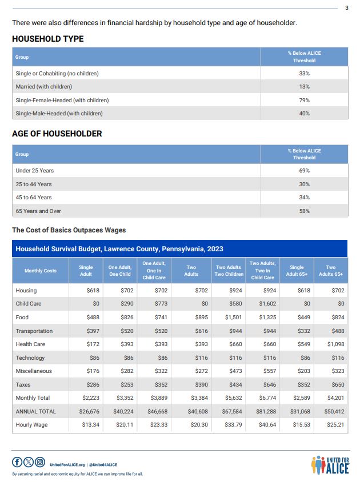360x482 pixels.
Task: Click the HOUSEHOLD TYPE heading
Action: coord(47,39)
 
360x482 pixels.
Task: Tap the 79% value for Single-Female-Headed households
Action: coord(304,100)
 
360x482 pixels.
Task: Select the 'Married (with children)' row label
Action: coord(44,87)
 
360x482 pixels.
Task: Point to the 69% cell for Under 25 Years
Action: coord(304,171)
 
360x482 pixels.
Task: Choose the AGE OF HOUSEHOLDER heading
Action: coord(57,134)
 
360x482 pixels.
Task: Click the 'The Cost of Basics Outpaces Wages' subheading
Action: coord(69,230)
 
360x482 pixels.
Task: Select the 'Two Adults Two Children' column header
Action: coord(228,271)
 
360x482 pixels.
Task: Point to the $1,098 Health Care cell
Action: coord(332,344)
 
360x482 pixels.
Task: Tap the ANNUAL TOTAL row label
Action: coord(37,411)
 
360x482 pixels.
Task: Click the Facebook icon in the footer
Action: coord(17,462)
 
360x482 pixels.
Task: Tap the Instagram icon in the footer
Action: coord(40,462)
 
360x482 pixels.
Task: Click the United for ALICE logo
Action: coord(329,464)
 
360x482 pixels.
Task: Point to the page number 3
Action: coord(347,7)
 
